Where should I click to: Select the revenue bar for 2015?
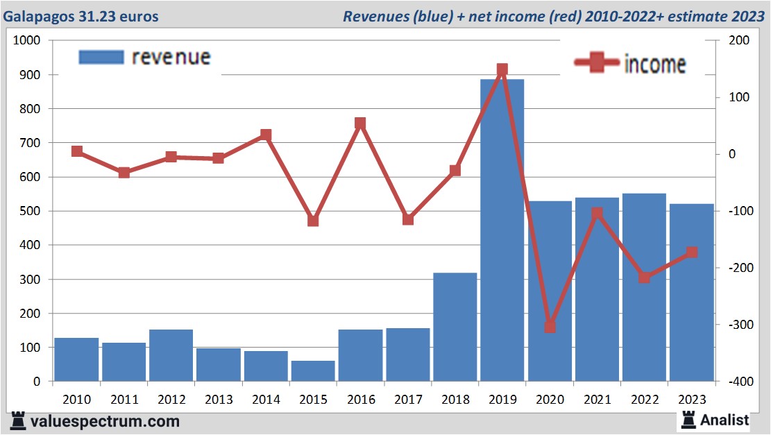point(313,371)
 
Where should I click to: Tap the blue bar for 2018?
point(455,327)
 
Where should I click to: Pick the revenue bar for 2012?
point(171,355)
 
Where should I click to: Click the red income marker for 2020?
point(550,326)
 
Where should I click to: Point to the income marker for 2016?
point(360,123)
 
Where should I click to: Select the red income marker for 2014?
point(266,135)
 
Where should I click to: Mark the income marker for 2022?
point(645,278)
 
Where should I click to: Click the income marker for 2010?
point(77,151)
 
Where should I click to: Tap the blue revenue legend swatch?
point(101,57)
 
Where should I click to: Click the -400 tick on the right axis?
point(736,382)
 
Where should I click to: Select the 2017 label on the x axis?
point(408,400)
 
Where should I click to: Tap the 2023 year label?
point(692,400)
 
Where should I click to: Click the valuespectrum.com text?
point(105,421)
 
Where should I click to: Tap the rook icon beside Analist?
point(689,419)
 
